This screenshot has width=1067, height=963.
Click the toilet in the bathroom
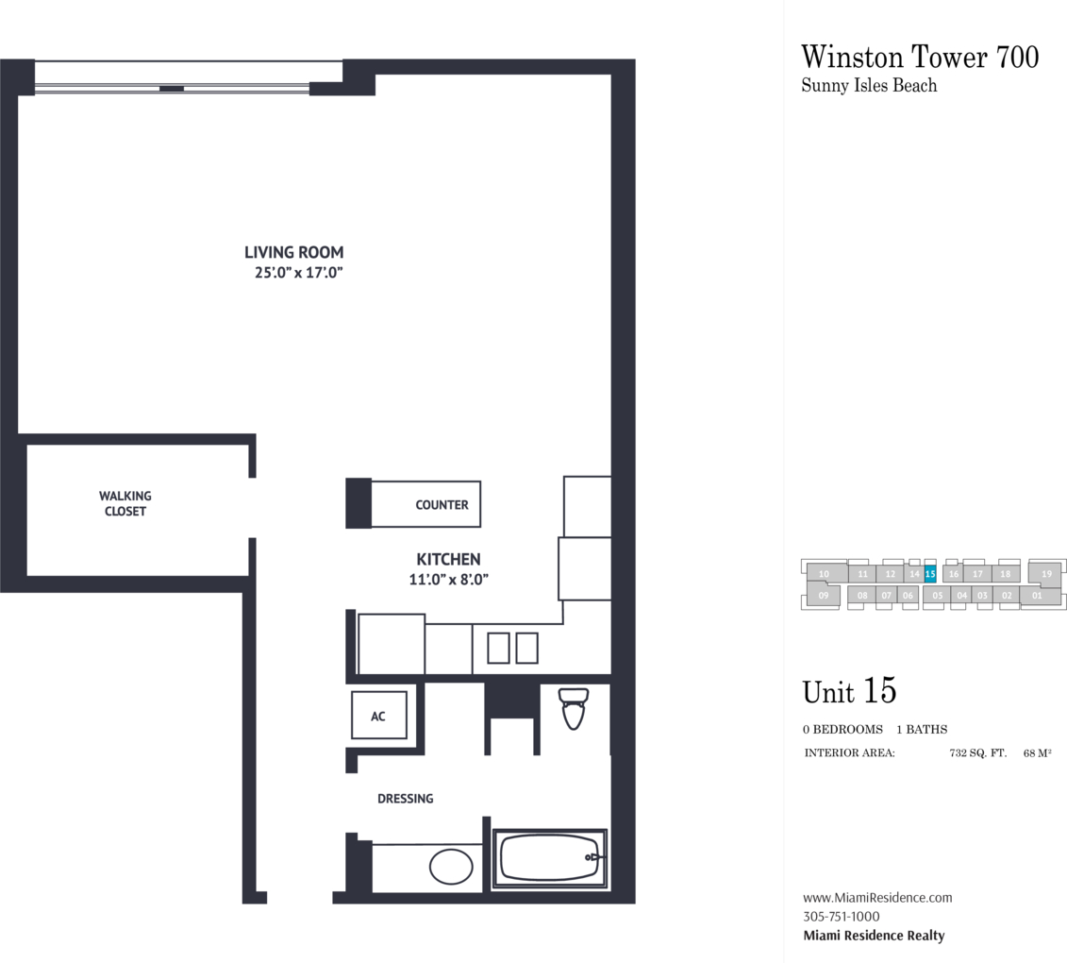click(573, 708)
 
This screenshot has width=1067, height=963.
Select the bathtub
click(550, 858)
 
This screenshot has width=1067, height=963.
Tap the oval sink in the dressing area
click(451, 867)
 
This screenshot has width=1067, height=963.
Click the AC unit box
click(379, 715)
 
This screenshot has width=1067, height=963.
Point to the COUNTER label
click(442, 505)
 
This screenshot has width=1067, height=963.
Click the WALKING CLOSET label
click(125, 503)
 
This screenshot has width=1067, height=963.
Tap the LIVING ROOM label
click(294, 252)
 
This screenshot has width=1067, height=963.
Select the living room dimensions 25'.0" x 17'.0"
click(299, 273)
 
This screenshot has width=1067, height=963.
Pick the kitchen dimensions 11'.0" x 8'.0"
click(448, 580)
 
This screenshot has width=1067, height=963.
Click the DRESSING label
click(405, 798)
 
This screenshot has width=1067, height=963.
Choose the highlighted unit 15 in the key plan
click(930, 574)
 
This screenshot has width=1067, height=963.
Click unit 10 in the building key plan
click(824, 573)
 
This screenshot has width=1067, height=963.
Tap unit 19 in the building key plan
click(1046, 573)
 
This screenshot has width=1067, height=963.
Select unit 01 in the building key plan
click(1037, 595)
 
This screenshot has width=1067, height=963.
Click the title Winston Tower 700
click(920, 57)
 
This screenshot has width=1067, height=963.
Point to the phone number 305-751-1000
click(842, 916)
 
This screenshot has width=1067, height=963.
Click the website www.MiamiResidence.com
click(877, 898)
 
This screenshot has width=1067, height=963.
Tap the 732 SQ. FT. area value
click(978, 753)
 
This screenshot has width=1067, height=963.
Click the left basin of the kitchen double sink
click(498, 648)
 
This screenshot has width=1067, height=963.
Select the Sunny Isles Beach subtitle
click(869, 86)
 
